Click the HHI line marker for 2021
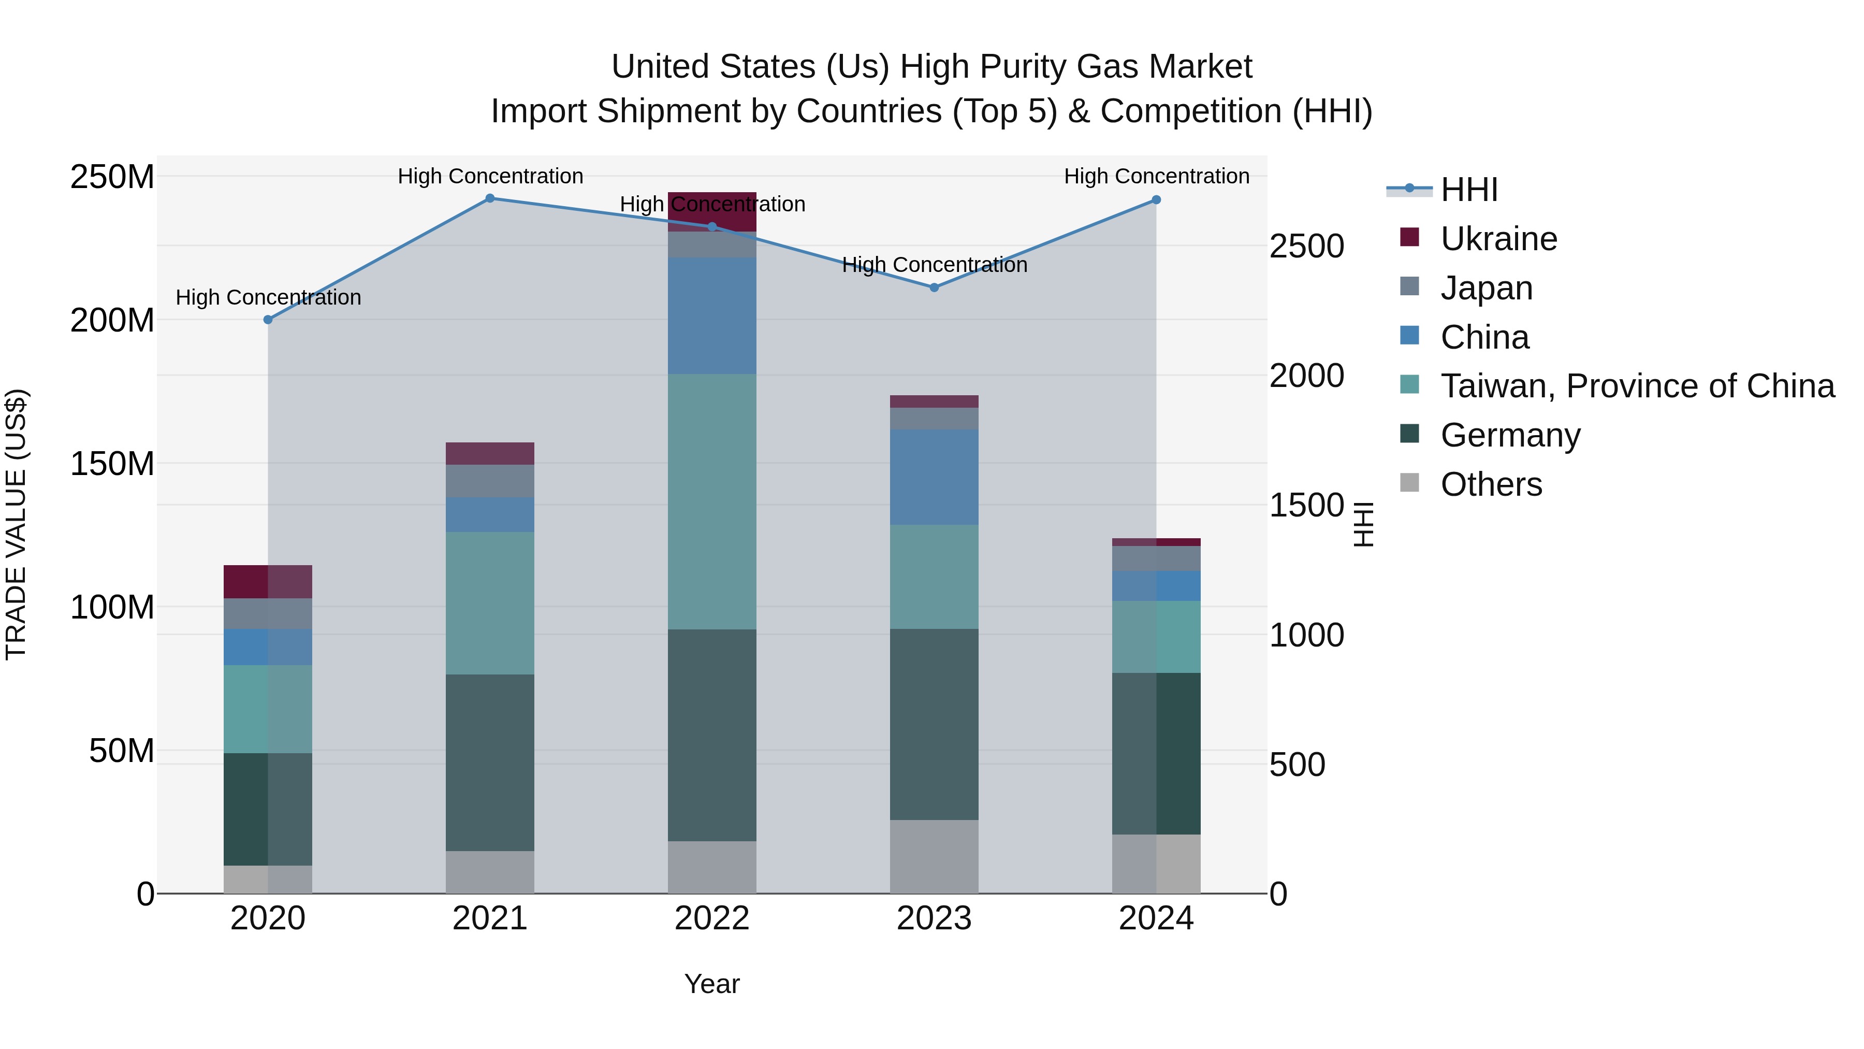click(490, 198)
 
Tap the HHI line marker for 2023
click(934, 288)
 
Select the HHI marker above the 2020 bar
click(268, 319)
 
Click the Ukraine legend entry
click(1498, 239)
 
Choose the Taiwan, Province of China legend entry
click(1637, 386)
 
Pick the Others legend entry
click(1491, 484)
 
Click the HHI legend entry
click(1469, 190)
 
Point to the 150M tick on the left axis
click(112, 463)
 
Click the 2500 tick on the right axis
click(1307, 246)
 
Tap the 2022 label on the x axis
click(712, 918)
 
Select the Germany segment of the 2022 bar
click(712, 735)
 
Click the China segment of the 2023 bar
click(934, 477)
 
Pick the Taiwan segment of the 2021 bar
click(490, 603)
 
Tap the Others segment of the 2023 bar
click(934, 856)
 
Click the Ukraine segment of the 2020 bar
click(268, 581)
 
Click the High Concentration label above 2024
click(1156, 176)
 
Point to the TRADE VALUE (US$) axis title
click(16, 524)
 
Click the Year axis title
click(712, 984)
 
